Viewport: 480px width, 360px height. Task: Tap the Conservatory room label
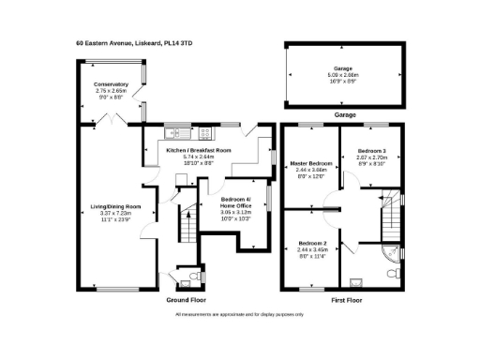point(110,84)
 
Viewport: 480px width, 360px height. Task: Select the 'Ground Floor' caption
point(185,300)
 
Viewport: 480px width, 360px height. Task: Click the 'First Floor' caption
point(347,300)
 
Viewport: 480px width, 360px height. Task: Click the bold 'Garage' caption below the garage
point(346,114)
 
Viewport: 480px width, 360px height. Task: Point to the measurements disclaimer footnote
point(239,313)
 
